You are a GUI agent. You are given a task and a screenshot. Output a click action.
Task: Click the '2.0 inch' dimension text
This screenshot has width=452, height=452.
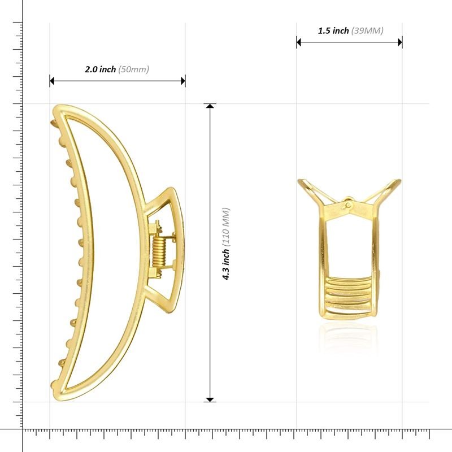pos(100,69)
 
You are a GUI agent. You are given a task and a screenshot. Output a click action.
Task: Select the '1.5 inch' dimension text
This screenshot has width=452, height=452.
pos(333,31)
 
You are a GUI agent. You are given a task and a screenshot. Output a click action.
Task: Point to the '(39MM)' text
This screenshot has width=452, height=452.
pos(367,31)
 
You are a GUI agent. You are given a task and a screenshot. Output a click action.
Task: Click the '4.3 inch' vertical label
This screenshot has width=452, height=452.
pos(226,265)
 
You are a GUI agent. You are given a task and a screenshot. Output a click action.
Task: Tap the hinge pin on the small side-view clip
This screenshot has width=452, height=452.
pos(349,203)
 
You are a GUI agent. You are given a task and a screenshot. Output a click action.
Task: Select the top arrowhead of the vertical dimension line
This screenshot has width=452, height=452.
pos(210,107)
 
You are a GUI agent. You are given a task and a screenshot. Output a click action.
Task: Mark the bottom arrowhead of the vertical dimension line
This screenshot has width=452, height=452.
pos(210,399)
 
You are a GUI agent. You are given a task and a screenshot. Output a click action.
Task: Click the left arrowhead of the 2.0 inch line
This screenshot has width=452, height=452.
pos(52,81)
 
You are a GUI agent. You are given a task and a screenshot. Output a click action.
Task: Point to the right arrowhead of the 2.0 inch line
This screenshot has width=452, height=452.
pos(183,81)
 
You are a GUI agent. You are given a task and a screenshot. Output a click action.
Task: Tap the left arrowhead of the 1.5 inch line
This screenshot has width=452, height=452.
pos(299,42)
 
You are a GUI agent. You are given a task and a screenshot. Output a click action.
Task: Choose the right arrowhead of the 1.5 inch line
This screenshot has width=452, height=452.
pos(399,42)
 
